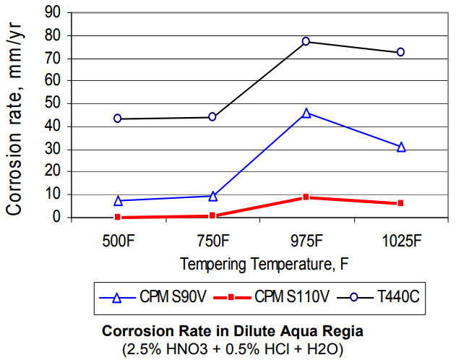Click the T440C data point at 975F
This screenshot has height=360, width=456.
coord(306,41)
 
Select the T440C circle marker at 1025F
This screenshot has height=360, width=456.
coord(400,52)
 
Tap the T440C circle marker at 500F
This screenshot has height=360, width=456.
coord(117,119)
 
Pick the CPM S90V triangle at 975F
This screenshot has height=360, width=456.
coord(306,113)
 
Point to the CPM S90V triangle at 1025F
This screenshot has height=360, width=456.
coord(400,147)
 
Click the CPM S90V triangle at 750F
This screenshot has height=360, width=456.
coord(212,196)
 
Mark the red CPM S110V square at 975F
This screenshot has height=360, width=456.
coord(306,197)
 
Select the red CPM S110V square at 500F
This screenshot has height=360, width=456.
coord(117,217)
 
